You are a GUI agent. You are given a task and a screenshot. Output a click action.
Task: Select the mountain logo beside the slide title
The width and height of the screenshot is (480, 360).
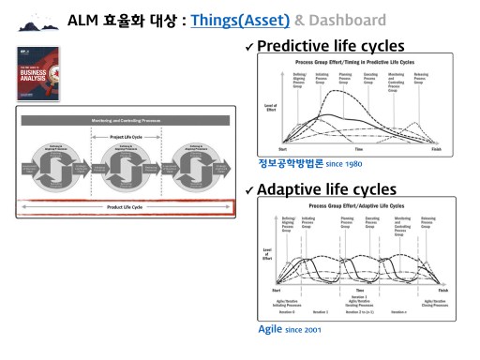[x=35, y=21]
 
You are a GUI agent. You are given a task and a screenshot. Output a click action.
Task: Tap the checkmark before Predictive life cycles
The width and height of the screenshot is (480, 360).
[x=249, y=46]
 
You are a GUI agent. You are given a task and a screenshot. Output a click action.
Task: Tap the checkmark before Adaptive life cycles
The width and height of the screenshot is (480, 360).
[x=249, y=190]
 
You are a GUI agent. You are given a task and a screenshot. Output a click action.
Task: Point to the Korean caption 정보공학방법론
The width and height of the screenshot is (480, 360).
[x=290, y=163]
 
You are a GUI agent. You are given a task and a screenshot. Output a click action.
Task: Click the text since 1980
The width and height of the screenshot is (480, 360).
[x=343, y=164]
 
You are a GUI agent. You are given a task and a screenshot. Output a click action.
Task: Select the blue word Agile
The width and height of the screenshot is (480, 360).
[x=271, y=330]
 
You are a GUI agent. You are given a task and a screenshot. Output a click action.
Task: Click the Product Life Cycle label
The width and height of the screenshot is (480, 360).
[x=125, y=206]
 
